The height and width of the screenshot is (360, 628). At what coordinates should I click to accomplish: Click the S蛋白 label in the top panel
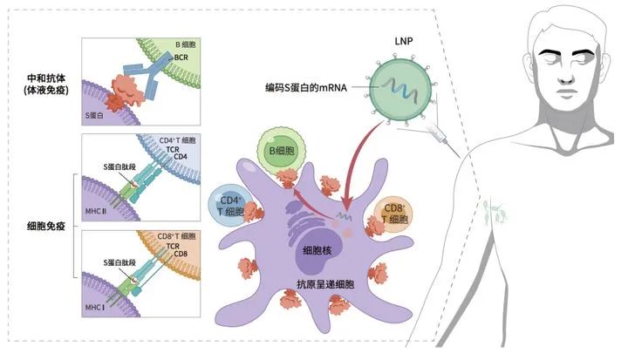coord(97,113)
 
